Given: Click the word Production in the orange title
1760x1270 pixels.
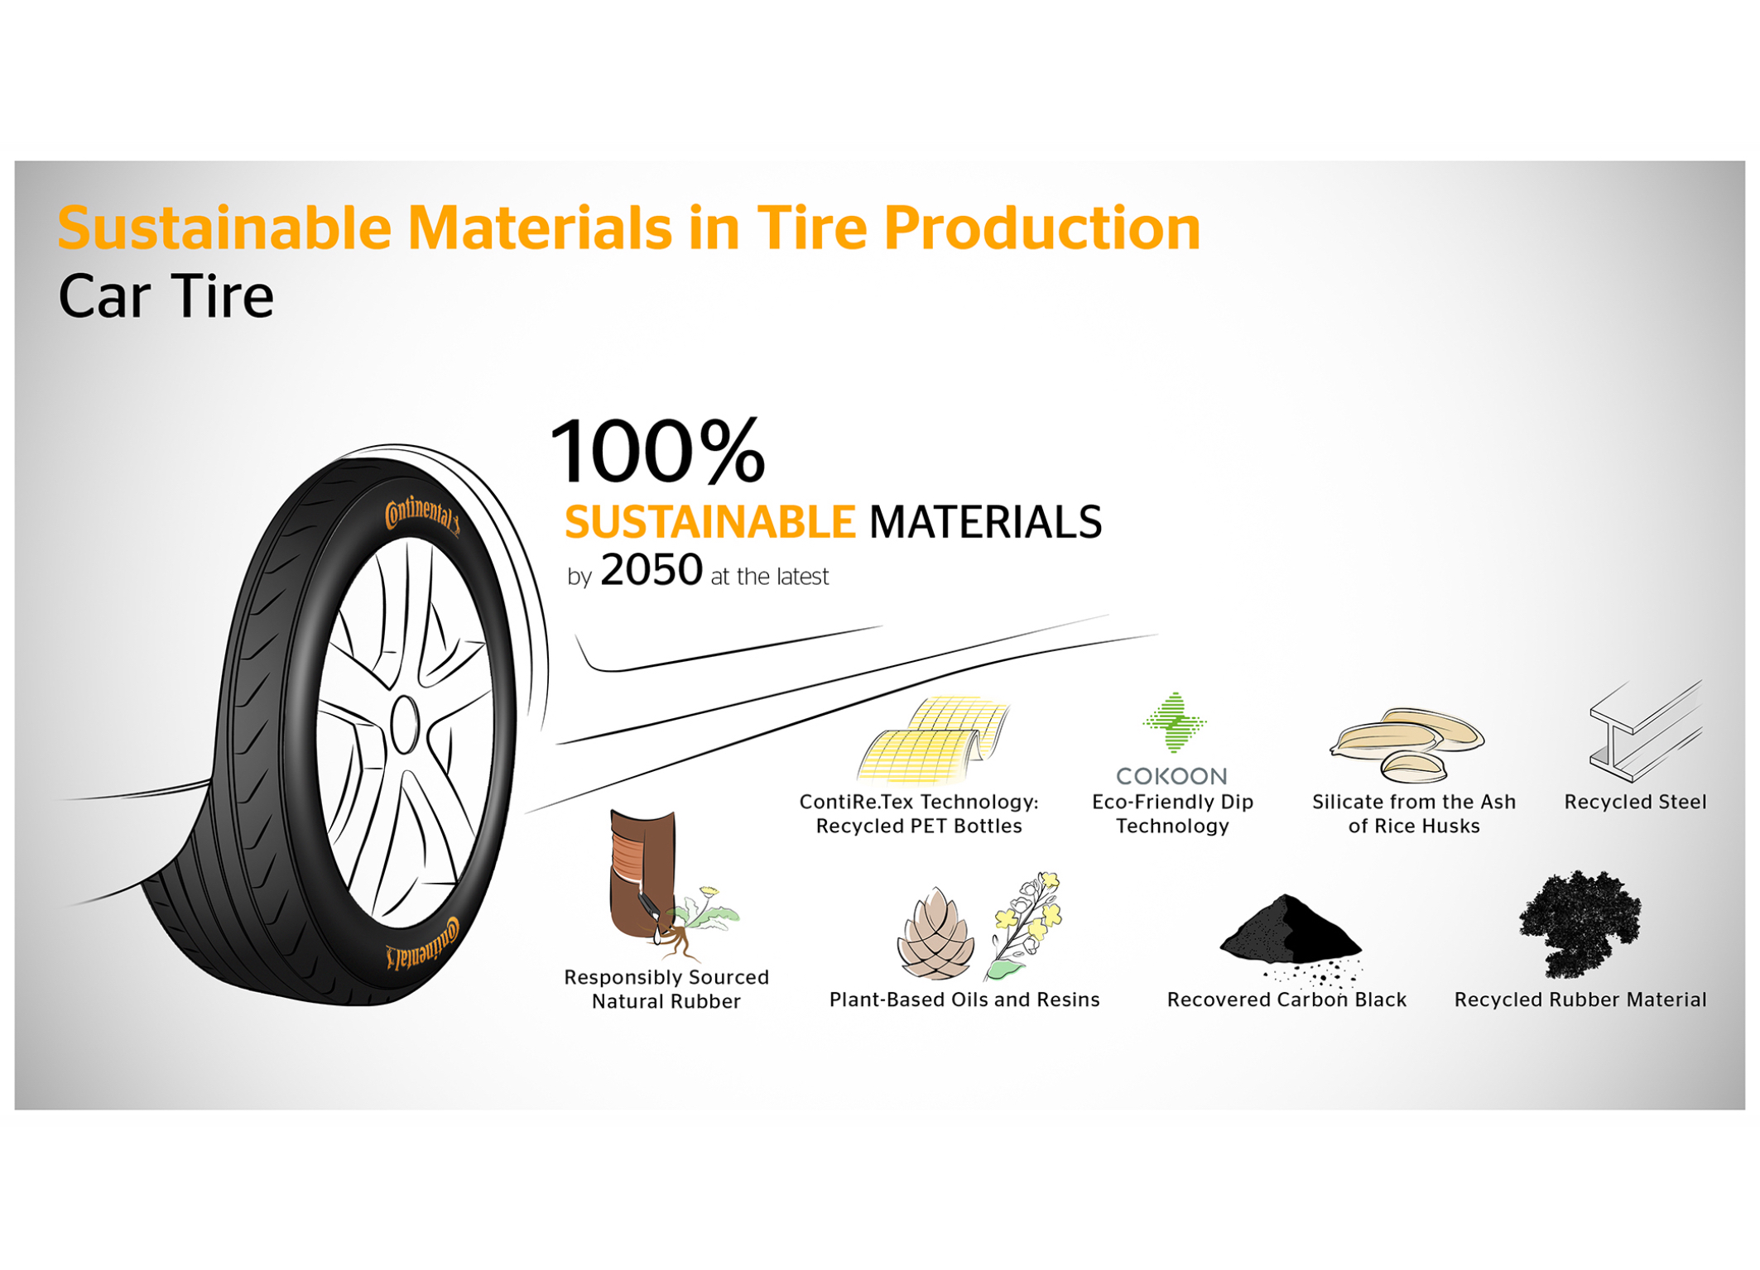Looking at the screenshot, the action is pos(1041,228).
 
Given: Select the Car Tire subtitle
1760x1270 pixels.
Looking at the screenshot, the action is pos(166,296).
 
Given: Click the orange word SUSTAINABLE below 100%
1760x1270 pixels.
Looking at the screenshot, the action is pos(709,522).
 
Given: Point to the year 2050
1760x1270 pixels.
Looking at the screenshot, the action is pos(652,570).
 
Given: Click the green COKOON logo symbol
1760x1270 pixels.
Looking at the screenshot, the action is pos(1174,722).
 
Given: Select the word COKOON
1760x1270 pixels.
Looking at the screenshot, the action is pos(1171,776).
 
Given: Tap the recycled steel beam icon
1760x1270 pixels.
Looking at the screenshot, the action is pos(1646,731).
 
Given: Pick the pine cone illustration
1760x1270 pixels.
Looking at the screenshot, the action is pos(936,933).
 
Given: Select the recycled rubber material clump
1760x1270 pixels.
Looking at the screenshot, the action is pos(1580,923).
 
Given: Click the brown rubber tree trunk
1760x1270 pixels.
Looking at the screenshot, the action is pos(641,873).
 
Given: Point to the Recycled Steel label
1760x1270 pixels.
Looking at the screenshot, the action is pos(1635,802).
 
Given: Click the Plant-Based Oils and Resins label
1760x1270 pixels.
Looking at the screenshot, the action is pos(964,999).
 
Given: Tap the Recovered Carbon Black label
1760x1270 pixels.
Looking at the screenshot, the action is pos(1286,999).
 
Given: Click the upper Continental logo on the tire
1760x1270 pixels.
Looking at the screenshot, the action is pos(421,515).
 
